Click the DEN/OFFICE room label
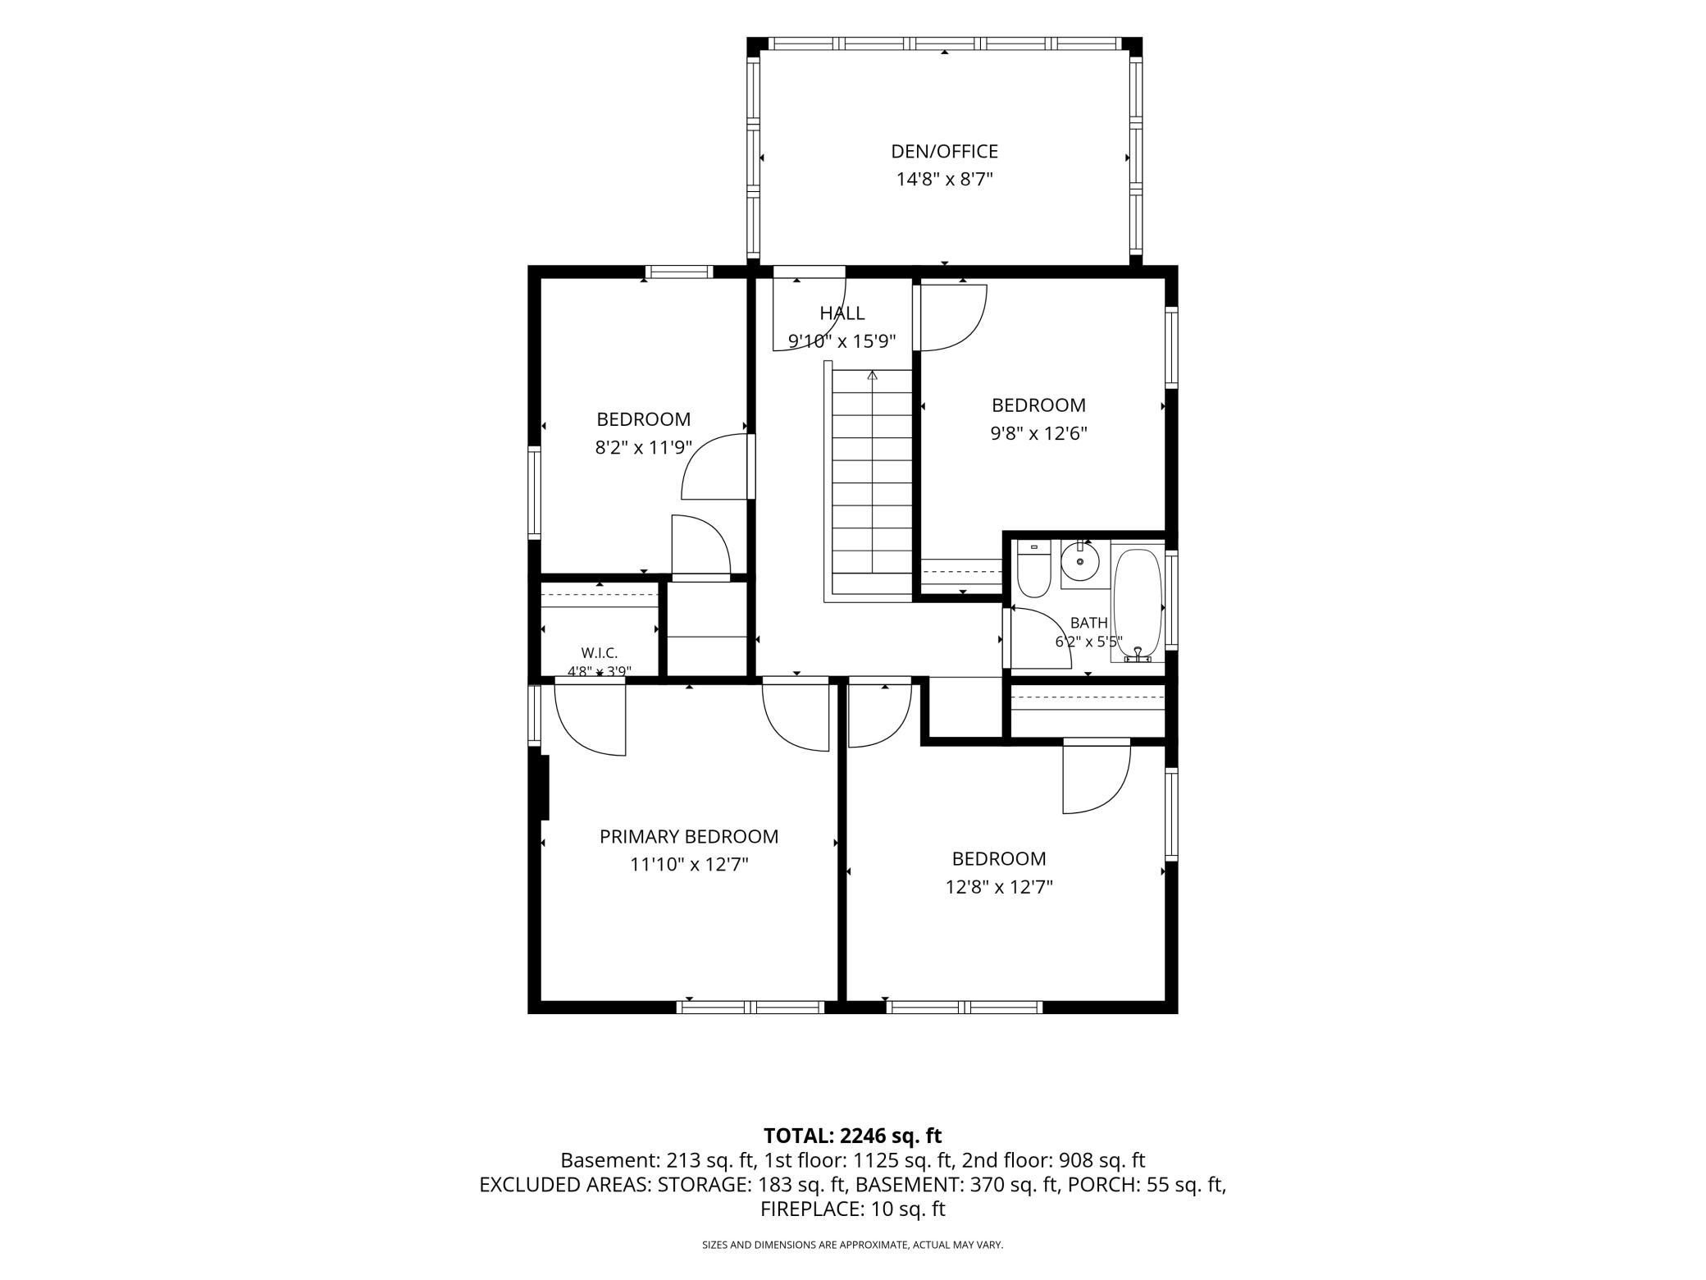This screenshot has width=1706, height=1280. pos(944,151)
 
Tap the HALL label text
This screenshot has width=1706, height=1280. pos(842,313)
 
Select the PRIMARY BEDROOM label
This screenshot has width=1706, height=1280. pos(689,836)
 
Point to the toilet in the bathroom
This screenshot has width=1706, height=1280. pos(1033,569)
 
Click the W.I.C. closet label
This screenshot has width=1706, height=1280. pos(599,653)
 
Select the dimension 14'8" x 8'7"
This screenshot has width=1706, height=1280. pos(944,179)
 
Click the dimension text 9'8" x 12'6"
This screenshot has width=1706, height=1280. pos(1038,433)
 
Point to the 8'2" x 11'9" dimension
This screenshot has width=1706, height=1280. pos(644,448)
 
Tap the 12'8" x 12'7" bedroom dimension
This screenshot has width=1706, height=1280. pos(999,887)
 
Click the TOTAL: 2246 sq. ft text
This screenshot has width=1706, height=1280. pos(853,1136)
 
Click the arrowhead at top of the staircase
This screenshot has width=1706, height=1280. pos(873,376)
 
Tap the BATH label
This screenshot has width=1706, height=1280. pos(1088,623)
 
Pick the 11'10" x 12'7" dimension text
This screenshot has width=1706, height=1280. pos(689,864)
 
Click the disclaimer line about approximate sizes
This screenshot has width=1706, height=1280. pos(853,1245)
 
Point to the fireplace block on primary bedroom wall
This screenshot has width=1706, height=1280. pos(544,787)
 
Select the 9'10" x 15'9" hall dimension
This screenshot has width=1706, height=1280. pos(842,341)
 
